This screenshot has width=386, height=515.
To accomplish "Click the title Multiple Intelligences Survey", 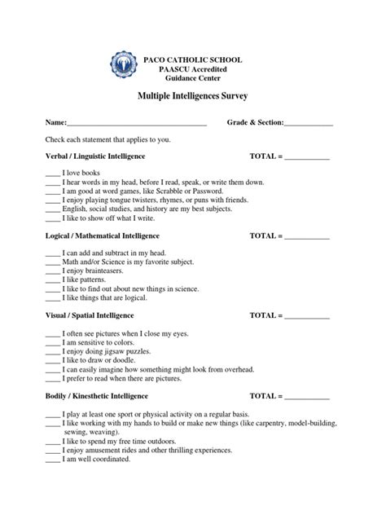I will click(x=192, y=96).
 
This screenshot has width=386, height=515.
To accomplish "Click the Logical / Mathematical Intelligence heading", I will click(x=101, y=235).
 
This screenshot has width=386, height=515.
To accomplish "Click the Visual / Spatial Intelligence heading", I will click(x=90, y=315).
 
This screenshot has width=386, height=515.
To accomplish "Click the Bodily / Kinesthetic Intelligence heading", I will click(x=96, y=395).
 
